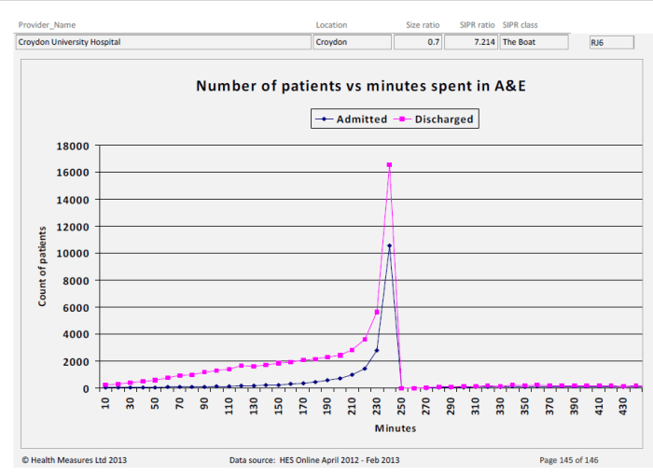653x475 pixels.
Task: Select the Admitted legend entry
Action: point(354,119)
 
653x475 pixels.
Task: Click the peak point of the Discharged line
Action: point(389,165)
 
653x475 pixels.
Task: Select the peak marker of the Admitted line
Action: point(389,246)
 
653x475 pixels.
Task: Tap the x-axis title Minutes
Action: point(396,429)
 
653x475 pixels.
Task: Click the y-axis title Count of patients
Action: point(42,267)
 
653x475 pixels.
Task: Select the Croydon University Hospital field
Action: point(163,42)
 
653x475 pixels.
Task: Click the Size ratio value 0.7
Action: point(417,42)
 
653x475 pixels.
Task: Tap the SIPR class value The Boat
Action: point(533,42)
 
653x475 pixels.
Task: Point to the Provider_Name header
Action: point(47,25)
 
